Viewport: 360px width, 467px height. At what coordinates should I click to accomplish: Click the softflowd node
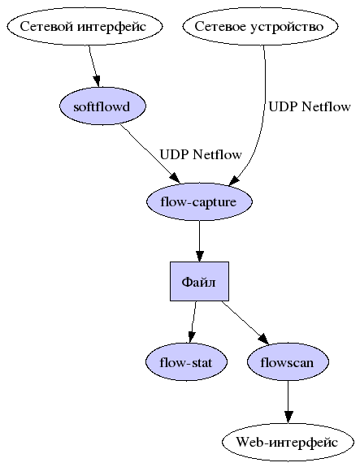tap(103, 106)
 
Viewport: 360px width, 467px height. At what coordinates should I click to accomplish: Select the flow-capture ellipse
tap(199, 201)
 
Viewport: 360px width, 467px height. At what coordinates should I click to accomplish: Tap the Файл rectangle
tap(199, 282)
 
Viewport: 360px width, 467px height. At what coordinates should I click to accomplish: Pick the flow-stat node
tap(186, 362)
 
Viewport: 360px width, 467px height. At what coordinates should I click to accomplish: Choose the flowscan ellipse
tap(288, 362)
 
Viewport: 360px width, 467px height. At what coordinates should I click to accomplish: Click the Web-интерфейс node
tap(288, 443)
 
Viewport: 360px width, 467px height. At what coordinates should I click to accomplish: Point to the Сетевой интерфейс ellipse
tap(85, 26)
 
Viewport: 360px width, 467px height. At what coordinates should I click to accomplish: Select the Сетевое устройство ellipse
tap(260, 26)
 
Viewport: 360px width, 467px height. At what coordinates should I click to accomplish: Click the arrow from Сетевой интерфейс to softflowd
tap(94, 66)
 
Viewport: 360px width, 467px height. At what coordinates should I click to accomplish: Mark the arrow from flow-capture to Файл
tap(199, 241)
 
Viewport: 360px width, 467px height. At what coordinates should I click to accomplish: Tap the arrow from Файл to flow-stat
tap(193, 322)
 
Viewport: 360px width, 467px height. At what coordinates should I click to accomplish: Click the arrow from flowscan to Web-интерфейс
tap(288, 402)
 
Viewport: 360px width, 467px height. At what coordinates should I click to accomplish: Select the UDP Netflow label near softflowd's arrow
tap(201, 154)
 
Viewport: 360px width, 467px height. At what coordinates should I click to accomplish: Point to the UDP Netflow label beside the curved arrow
tap(310, 106)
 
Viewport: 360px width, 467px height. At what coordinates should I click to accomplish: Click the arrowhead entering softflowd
tap(97, 81)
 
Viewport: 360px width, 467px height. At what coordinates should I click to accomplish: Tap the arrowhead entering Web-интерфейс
tap(288, 417)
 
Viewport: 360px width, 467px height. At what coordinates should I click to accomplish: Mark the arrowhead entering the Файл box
tap(199, 256)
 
